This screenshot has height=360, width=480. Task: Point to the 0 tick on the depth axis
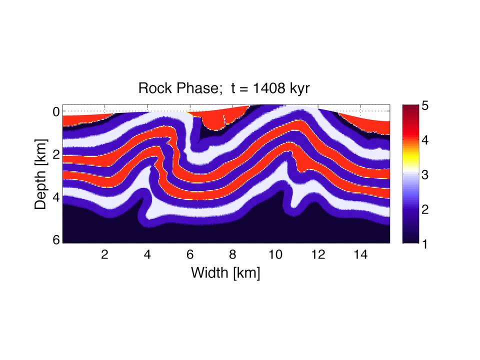coord(56,111)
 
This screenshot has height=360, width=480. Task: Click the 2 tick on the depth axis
coord(56,154)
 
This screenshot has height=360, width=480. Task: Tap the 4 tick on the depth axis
coord(56,197)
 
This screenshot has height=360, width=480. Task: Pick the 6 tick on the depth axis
coord(56,240)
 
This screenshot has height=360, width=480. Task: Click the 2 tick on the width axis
coord(104,255)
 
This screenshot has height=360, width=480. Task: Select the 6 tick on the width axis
coord(189,255)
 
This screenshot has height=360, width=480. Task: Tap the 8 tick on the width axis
coord(232,255)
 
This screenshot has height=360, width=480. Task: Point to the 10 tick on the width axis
coord(275,255)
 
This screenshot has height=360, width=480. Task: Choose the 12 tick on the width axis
coord(318,255)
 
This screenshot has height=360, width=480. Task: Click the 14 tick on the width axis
coord(360,255)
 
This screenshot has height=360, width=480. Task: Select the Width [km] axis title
coord(225,273)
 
